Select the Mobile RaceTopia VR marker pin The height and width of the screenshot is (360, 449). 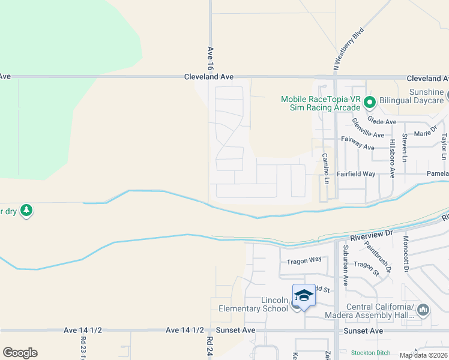(370, 103)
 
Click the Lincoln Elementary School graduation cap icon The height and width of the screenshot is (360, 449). (304, 295)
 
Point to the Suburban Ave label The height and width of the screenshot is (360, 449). (345, 264)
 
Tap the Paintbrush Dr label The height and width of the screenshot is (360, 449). (380, 259)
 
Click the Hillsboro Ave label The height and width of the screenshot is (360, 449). (392, 159)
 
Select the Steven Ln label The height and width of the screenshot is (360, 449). (405, 148)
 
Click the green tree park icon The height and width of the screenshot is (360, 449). (26, 211)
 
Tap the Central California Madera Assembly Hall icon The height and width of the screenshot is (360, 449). (424, 310)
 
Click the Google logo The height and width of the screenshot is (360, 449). (20, 353)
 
